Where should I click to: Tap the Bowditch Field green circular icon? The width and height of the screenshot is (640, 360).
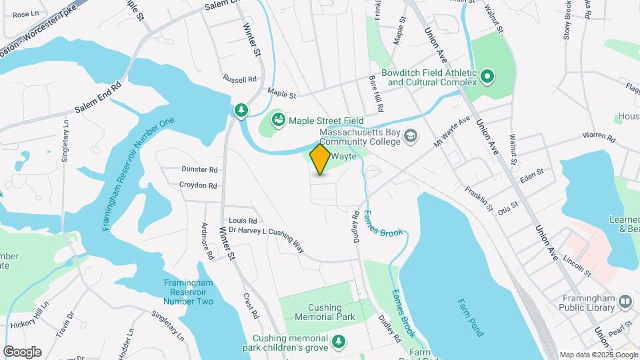click(x=487, y=77)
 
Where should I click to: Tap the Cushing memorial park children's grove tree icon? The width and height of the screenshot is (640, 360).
click(x=340, y=342)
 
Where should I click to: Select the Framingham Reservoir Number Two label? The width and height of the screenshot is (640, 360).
click(x=189, y=292)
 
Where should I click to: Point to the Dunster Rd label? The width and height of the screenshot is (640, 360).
click(x=199, y=170)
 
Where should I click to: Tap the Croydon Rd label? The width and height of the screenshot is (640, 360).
click(x=198, y=186)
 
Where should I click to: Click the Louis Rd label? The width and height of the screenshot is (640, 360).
click(x=243, y=221)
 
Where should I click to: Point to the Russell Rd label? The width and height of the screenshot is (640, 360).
click(x=240, y=79)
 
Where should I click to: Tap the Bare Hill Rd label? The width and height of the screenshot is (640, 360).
click(x=377, y=93)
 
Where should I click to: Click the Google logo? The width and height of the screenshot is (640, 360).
click(x=22, y=352)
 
